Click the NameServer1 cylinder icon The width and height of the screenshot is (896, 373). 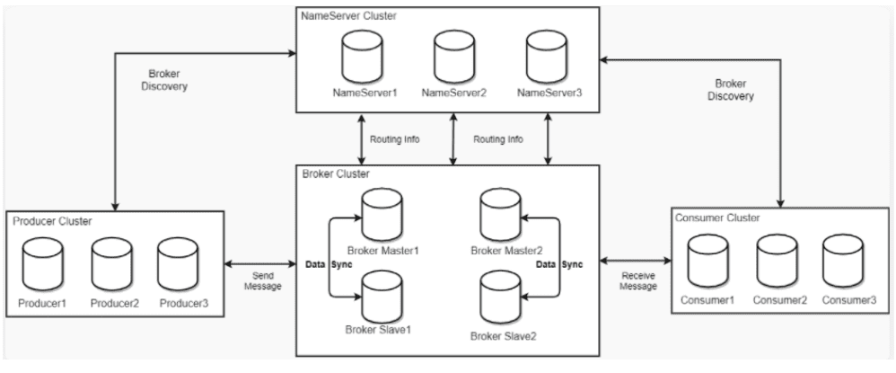click(x=362, y=57)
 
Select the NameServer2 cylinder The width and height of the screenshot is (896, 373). click(x=453, y=57)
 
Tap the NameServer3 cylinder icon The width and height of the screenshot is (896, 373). click(x=546, y=57)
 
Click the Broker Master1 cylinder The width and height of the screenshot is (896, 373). click(x=382, y=215)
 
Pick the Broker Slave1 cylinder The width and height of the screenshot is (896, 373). click(x=382, y=297)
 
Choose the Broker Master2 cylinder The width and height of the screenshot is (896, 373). click(x=501, y=215)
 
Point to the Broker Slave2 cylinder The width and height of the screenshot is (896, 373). click(x=501, y=297)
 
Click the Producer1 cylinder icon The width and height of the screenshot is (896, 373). click(x=42, y=264)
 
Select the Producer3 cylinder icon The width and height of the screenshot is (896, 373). click(x=178, y=264)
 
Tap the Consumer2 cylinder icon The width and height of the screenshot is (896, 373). click(x=777, y=261)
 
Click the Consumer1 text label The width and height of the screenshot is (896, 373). click(x=707, y=300)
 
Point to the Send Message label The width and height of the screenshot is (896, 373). click(x=263, y=281)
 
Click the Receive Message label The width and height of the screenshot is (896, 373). click(x=638, y=281)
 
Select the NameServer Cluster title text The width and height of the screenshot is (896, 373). click(x=348, y=16)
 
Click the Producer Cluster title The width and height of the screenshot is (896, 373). click(x=52, y=221)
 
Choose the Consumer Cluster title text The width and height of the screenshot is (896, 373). click(x=717, y=218)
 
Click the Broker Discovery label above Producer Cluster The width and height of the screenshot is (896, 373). click(x=164, y=80)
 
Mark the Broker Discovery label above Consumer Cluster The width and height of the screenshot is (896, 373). click(x=731, y=90)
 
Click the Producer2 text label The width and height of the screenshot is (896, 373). click(x=115, y=303)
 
